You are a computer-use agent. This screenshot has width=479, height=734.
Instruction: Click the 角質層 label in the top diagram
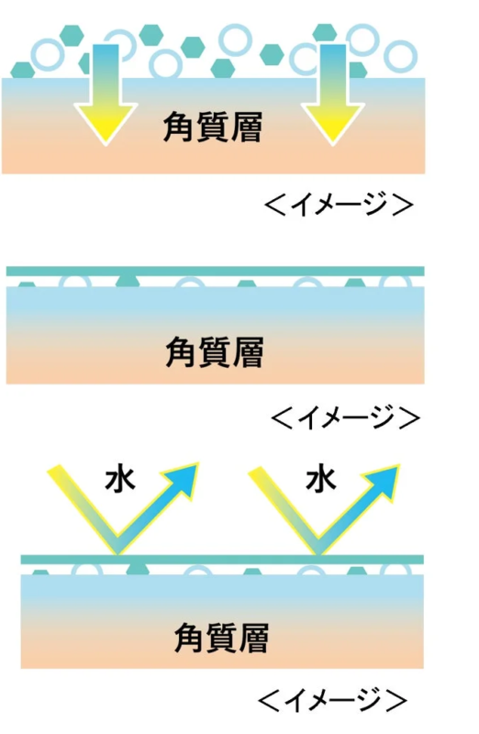tap(213, 127)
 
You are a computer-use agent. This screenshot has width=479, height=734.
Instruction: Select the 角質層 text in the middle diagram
tap(215, 352)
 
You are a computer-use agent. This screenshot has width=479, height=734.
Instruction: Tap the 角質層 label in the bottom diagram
tap(221, 638)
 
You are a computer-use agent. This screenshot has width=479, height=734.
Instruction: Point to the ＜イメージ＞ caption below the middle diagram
tap(346, 417)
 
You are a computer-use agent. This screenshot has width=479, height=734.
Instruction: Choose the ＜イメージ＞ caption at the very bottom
tap(333, 700)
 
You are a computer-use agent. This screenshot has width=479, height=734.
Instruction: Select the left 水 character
tap(120, 479)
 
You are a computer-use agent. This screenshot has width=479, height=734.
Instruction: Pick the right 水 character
tap(321, 479)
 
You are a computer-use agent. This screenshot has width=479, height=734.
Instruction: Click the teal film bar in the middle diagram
tap(216, 271)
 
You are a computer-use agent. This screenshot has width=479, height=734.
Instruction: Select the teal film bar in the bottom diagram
tap(222, 560)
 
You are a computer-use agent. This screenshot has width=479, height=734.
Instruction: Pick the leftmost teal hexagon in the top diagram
tap(22, 71)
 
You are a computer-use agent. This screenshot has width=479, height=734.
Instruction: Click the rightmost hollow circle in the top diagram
tap(400, 56)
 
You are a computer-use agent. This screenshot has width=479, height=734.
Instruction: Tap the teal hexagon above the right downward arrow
tap(325, 33)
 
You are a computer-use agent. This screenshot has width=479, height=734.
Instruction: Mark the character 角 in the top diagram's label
tap(178, 127)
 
